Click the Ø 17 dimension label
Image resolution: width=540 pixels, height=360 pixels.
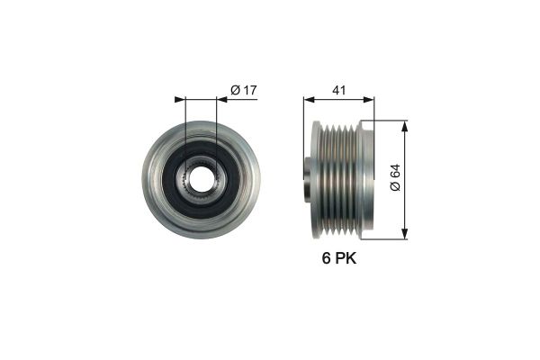pos(243,89)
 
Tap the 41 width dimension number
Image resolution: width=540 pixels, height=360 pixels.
pos(338,89)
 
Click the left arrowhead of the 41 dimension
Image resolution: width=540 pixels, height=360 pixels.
pos(308,99)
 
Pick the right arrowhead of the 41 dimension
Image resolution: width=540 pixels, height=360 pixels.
pos(369,99)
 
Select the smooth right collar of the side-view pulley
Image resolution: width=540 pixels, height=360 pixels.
pos(366,180)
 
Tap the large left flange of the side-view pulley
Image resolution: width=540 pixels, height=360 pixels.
pos(316,180)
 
